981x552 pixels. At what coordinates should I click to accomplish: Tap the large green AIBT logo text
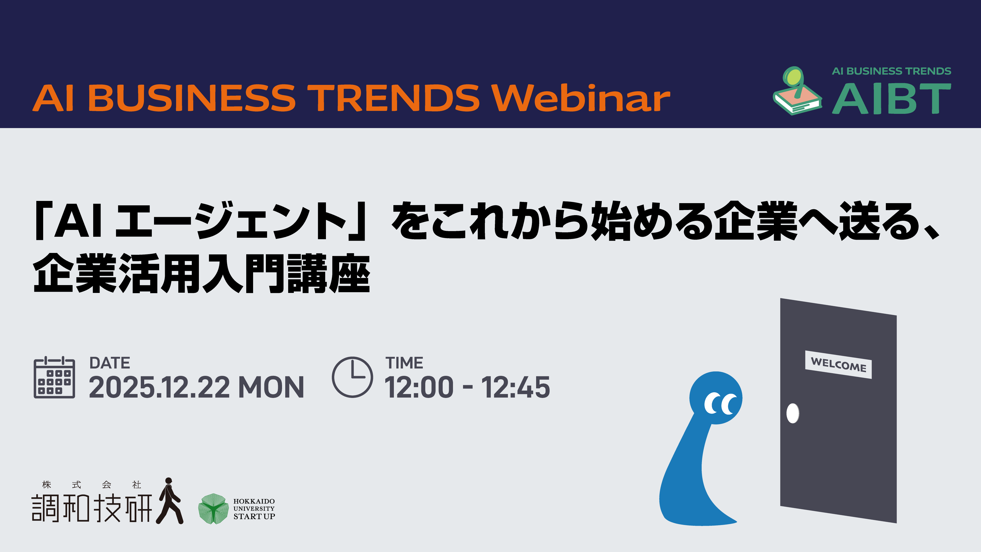pyautogui.click(x=891, y=99)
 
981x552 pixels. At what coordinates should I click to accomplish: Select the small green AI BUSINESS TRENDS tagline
pyautogui.click(x=891, y=71)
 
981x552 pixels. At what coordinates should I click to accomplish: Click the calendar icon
pyautogui.click(x=54, y=377)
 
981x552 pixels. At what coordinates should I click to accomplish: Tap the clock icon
pyautogui.click(x=352, y=377)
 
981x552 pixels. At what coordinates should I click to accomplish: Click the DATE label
pyautogui.click(x=110, y=363)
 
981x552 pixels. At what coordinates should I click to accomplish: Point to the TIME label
pyautogui.click(x=404, y=363)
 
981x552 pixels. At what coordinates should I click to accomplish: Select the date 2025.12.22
pyautogui.click(x=159, y=387)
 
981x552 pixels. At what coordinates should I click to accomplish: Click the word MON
pyautogui.click(x=271, y=387)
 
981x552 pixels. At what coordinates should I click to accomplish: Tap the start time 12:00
pyautogui.click(x=419, y=387)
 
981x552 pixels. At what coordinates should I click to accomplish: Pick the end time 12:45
pyautogui.click(x=516, y=387)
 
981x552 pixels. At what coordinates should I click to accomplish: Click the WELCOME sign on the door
pyautogui.click(x=838, y=365)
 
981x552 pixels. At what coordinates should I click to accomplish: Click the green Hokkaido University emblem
pyautogui.click(x=213, y=509)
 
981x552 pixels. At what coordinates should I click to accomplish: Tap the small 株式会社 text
pyautogui.click(x=92, y=485)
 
